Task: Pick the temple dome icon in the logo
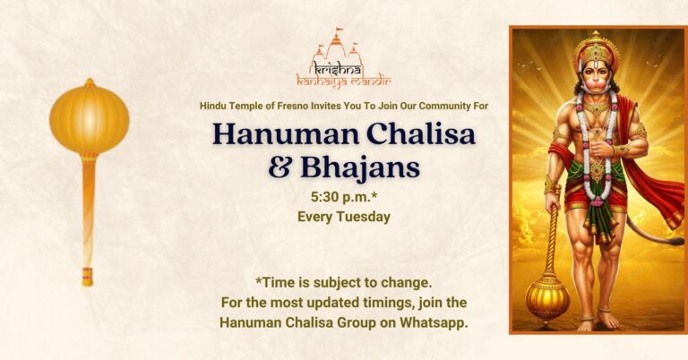coord(337,45)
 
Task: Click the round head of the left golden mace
coord(89,118)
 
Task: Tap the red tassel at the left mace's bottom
coord(88,276)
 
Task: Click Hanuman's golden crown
coord(595,47)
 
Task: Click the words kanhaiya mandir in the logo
coord(344,83)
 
